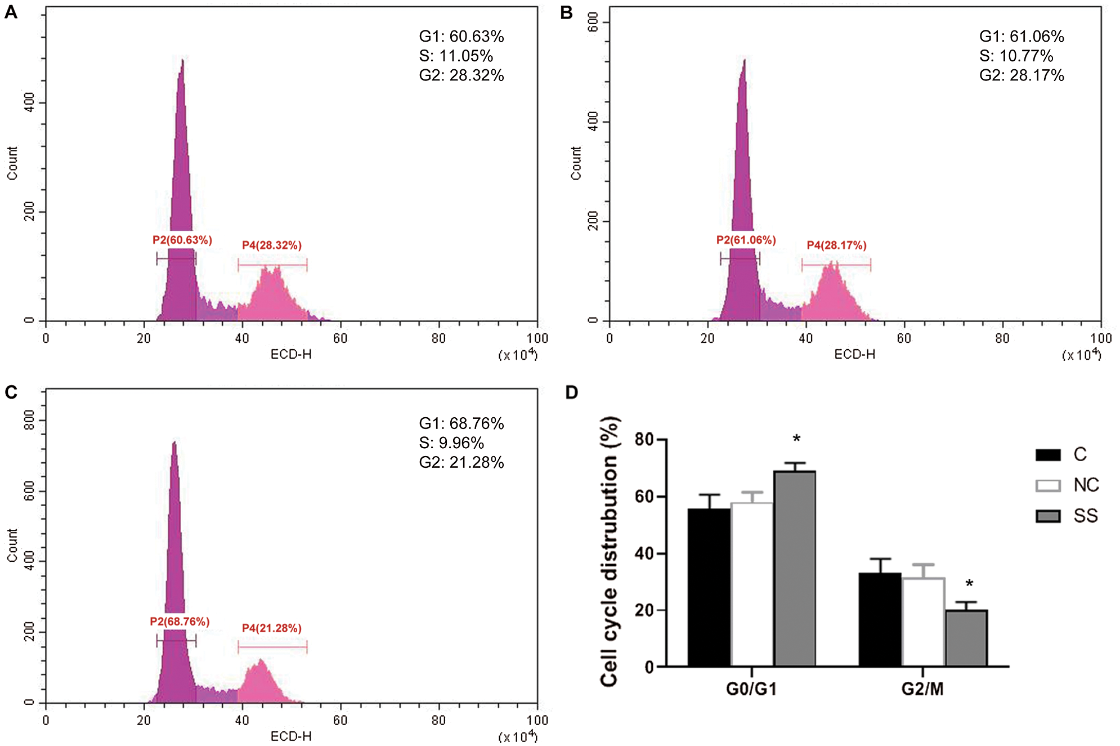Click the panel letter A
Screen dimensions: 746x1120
pos(11,12)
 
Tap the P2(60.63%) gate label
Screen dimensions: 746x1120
pos(182,240)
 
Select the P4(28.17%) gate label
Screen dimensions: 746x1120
pos(836,245)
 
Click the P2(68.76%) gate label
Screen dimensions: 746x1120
pos(180,622)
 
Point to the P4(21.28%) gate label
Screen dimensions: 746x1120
pos(272,628)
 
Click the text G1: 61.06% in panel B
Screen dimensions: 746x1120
pos(1022,37)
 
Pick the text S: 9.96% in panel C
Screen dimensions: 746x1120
pos(451,443)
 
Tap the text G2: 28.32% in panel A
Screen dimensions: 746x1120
pos(462,75)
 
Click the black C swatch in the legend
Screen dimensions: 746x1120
pos(1048,455)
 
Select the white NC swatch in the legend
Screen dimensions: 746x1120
pos(1048,485)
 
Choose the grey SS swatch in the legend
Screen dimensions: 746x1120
pos(1048,516)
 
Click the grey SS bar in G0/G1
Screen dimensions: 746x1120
pos(795,569)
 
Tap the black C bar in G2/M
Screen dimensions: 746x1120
pos(880,619)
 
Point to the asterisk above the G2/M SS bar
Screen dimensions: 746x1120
pos(969,584)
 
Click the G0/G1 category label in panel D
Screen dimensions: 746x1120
pos(751,689)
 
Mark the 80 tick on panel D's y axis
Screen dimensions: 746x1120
pos(644,439)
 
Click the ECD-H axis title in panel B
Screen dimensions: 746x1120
pos(855,354)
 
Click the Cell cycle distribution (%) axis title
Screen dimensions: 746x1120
pos(610,552)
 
